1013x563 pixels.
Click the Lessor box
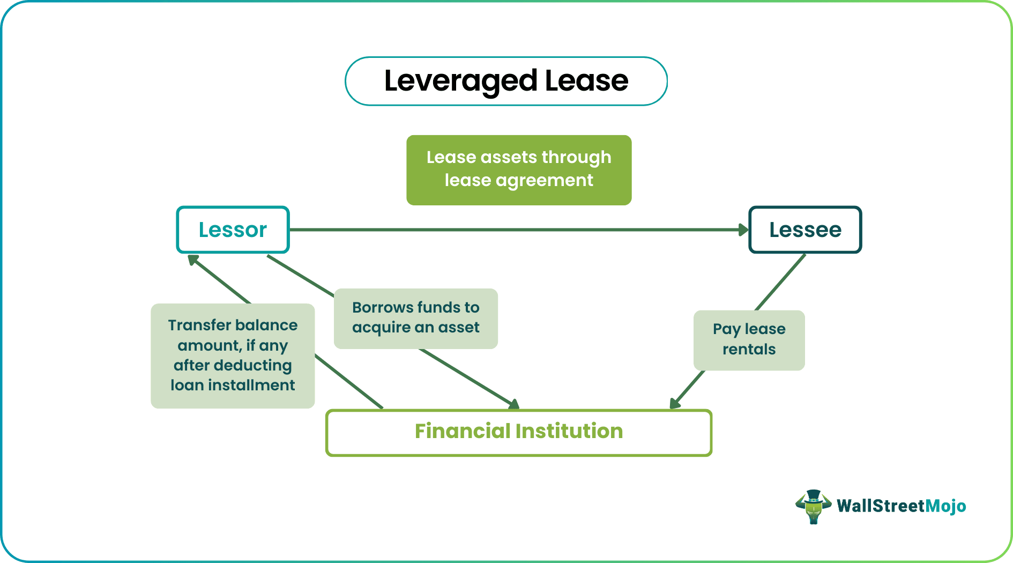(233, 229)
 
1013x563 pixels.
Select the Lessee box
(805, 229)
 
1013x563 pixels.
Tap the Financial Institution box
(518, 432)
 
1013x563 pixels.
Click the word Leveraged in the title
(460, 81)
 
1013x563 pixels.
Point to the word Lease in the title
(586, 81)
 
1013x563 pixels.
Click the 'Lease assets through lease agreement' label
(518, 169)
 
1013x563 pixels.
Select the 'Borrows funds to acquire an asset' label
(415, 318)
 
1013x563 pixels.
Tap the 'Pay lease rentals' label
(749, 339)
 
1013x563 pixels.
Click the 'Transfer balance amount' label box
(233, 355)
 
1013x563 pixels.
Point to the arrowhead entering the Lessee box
(743, 230)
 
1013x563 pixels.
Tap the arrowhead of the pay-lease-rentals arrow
(674, 404)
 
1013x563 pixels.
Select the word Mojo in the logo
(946, 506)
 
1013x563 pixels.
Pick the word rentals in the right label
(749, 350)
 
